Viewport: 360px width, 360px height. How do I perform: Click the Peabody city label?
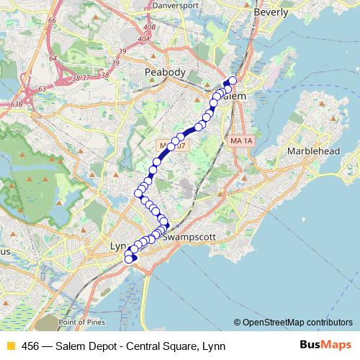(165, 72)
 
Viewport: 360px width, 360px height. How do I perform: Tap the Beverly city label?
(271, 12)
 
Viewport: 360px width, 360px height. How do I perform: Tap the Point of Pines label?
(83, 323)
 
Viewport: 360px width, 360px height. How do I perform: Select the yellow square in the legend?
(9, 346)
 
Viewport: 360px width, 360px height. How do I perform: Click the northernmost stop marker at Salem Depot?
(233, 81)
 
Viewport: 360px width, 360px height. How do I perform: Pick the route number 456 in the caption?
(30, 346)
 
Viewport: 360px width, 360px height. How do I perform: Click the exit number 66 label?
(52, 20)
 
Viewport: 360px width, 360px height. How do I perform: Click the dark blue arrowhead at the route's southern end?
(133, 258)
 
